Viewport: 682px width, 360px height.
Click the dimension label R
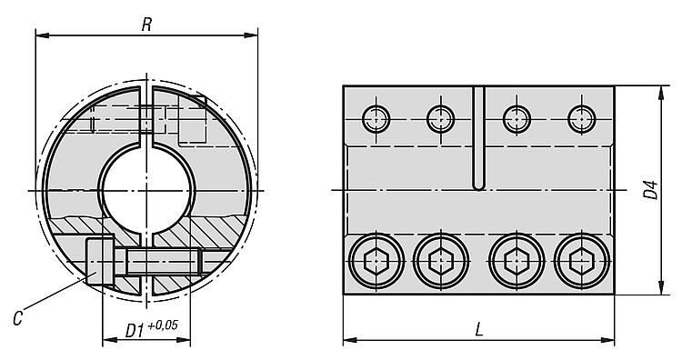coord(146,25)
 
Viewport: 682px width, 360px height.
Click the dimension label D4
coord(651,190)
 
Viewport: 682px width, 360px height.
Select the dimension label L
coord(479,330)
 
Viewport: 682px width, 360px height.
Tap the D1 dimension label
coord(135,331)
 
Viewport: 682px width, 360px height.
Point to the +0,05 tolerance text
coord(163,325)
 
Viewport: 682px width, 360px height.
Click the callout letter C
coord(17,319)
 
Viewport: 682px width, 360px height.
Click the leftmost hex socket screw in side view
coord(376,261)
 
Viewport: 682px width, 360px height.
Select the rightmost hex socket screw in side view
coord(582,261)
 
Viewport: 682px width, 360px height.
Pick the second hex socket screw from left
coord(441,261)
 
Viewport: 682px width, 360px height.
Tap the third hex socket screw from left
coord(517,261)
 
